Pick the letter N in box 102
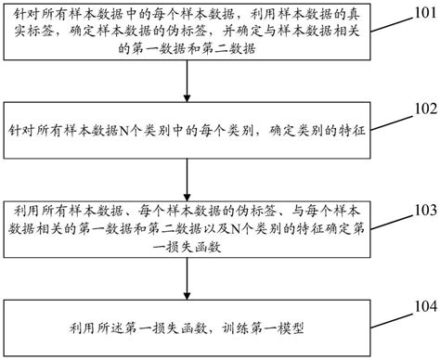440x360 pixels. (x=124, y=128)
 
